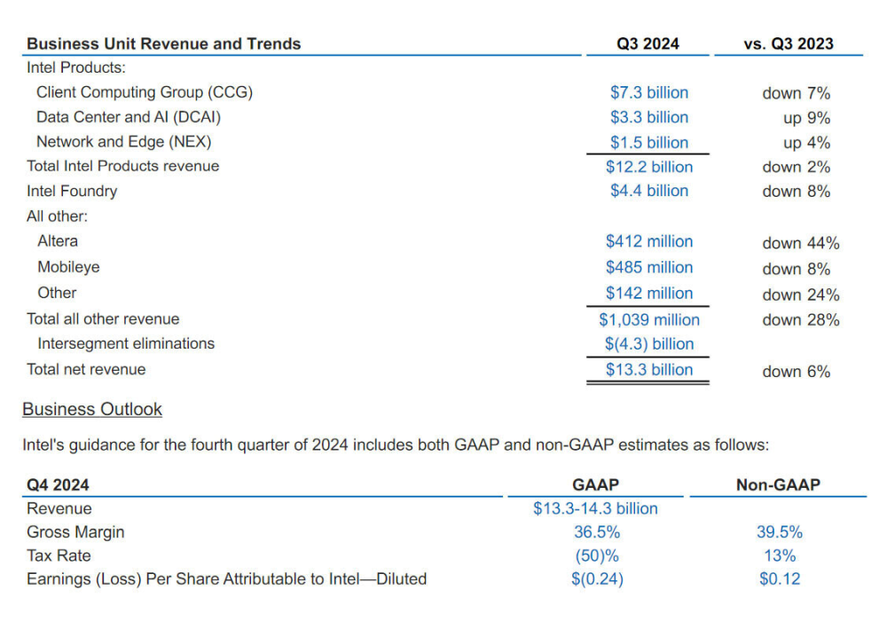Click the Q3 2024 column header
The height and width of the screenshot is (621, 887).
tap(648, 43)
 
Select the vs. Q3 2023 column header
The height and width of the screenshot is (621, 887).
tap(788, 43)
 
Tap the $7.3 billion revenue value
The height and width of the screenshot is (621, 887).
tap(648, 92)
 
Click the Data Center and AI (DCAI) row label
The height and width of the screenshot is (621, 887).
tap(129, 117)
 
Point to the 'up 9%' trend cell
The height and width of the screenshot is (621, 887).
tap(806, 118)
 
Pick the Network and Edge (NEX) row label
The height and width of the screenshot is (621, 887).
tap(123, 142)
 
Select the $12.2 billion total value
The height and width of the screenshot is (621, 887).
tap(648, 167)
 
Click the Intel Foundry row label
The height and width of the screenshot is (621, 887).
tap(72, 191)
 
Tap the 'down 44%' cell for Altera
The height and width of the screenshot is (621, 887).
tap(800, 243)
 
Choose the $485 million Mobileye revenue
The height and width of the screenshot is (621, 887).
tap(648, 267)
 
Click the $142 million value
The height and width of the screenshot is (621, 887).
tap(648, 293)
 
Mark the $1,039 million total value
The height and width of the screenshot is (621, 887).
tap(648, 319)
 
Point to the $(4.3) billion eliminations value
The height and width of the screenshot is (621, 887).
tap(648, 344)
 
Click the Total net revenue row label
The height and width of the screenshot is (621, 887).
tap(86, 369)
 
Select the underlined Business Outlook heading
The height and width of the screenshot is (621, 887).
tap(92, 409)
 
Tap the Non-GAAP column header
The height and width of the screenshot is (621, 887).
tap(778, 484)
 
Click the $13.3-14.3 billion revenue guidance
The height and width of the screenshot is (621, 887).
tap(595, 508)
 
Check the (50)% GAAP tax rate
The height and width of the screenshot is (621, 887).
tap(596, 556)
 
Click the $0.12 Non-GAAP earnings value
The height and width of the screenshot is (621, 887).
tap(779, 579)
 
